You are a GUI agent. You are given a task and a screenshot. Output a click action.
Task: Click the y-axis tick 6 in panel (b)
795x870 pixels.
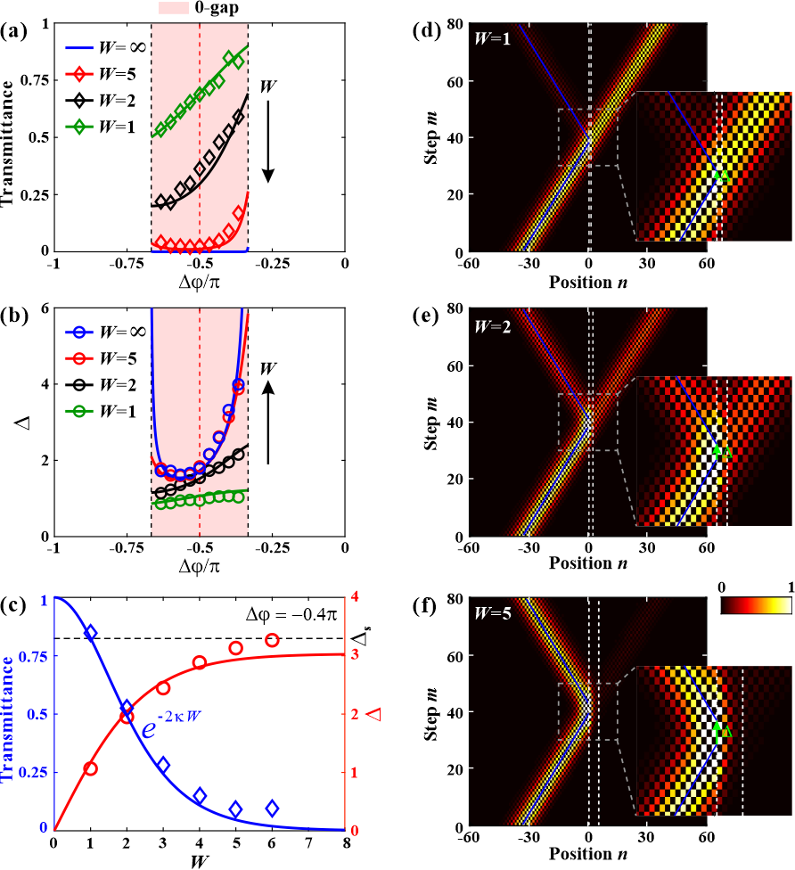click(43, 309)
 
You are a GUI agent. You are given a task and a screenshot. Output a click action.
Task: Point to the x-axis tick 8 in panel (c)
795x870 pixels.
click(345, 842)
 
